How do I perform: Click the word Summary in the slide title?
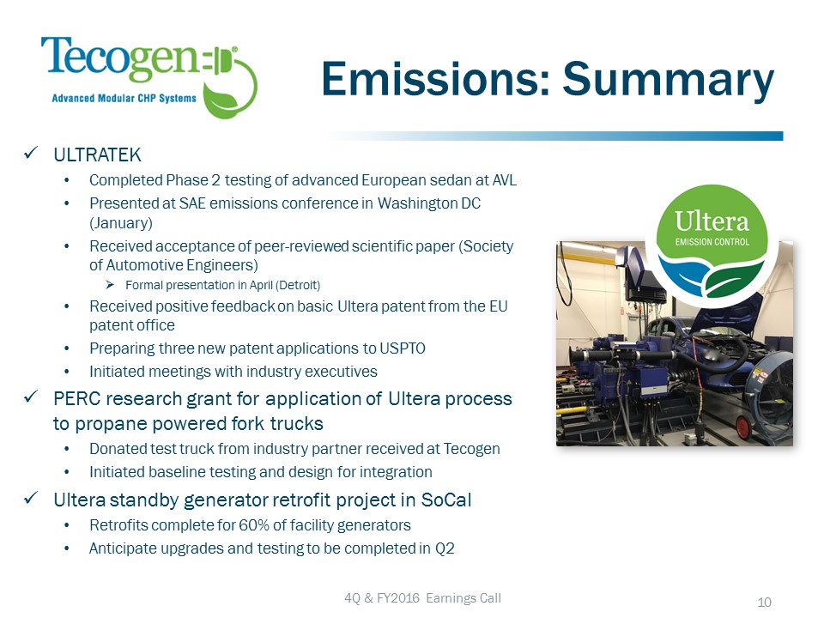[x=669, y=79]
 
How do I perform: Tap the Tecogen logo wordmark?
[x=120, y=58]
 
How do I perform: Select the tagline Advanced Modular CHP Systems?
[x=124, y=98]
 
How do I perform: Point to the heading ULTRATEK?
[x=97, y=155]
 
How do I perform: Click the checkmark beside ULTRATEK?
[x=31, y=154]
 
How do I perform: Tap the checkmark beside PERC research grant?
[x=31, y=397]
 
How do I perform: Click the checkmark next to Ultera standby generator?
[x=31, y=497]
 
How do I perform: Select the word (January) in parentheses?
[x=121, y=223]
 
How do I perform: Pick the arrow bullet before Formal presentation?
[x=110, y=285]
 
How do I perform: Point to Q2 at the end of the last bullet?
[x=445, y=548]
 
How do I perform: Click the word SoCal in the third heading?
[x=446, y=500]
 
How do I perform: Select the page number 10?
[x=764, y=603]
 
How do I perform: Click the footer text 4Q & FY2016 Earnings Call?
[x=422, y=598]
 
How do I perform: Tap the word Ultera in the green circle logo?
[x=712, y=221]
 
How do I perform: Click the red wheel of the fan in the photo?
[x=743, y=427]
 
